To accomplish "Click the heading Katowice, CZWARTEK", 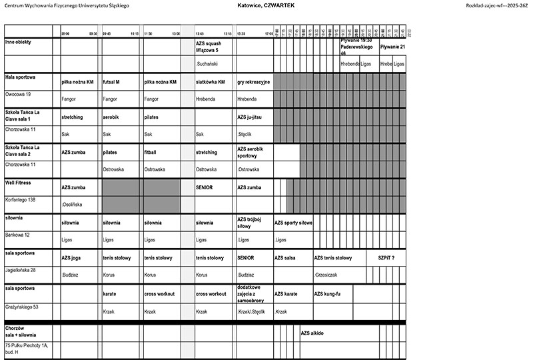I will tap(266, 5).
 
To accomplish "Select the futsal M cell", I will tap(111, 82).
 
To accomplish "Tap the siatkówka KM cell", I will tap(211, 82).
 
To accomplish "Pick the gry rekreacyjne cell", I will tap(253, 82).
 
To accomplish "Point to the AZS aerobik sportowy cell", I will tap(251, 152).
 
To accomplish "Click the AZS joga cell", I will tap(71, 257).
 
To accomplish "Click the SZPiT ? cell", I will tap(386, 257).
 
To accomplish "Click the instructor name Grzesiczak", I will tap(326, 274).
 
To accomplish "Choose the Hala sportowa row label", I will tap(21, 77).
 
